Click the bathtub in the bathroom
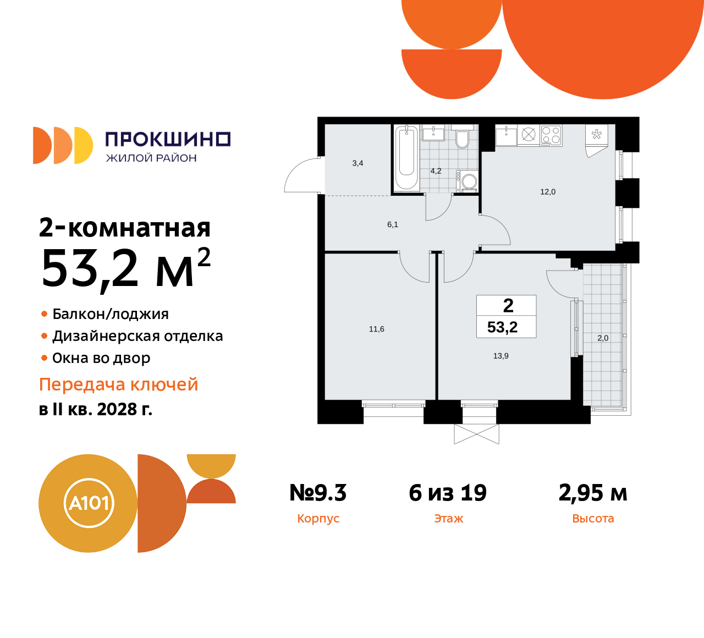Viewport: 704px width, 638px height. coord(406,157)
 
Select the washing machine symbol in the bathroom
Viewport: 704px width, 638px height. coord(469,181)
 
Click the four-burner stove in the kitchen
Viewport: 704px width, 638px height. coord(551,135)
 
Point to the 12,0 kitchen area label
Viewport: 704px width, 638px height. coord(548,192)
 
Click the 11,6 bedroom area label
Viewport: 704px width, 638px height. coord(377,329)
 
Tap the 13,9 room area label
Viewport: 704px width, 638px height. coord(501,356)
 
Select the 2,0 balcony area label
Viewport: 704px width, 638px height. coord(603,338)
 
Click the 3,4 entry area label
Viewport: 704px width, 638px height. coord(358,163)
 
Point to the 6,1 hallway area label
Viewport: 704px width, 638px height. coord(393,224)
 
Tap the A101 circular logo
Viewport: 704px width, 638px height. coord(89,503)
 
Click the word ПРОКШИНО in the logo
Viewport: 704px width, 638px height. coord(168,139)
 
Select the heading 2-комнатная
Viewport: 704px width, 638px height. coord(125,228)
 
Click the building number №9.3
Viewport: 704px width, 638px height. coord(318,493)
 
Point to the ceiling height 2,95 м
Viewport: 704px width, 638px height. coord(593,493)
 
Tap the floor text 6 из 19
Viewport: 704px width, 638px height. coord(448,493)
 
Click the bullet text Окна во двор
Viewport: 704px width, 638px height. coord(101,358)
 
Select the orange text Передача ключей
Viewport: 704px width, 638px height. coord(119,384)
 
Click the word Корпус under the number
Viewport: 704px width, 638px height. coord(318,519)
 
